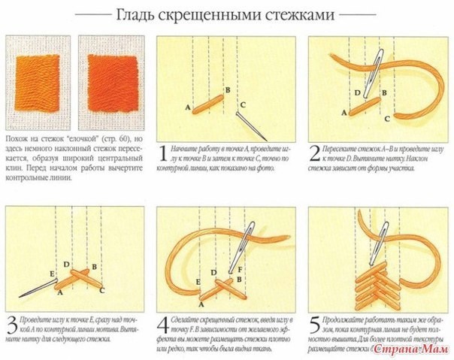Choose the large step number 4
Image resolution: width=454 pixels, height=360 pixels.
pos(163,328)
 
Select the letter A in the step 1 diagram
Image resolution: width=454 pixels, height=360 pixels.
pos(187,108)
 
